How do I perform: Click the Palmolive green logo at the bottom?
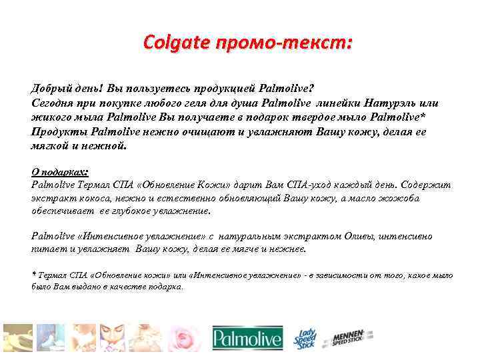(x=247, y=339)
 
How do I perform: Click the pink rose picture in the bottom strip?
(x=184, y=339)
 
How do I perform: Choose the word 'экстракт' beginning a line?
(x=52, y=197)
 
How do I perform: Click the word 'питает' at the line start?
(x=47, y=249)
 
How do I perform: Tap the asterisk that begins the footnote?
(x=34, y=274)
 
